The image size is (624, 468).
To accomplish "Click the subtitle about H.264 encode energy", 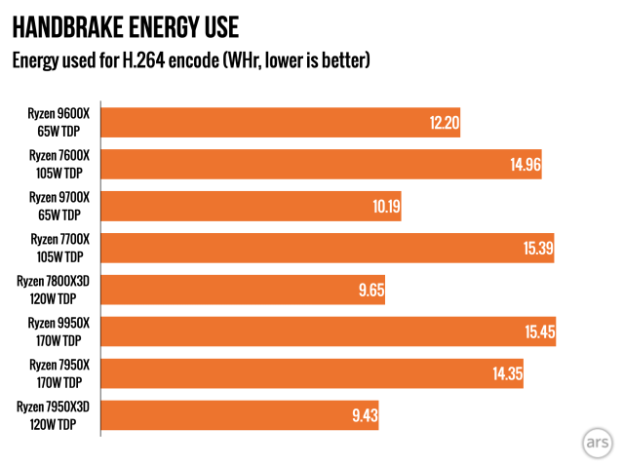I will (191, 61).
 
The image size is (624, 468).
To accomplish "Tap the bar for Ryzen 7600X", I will (322, 165).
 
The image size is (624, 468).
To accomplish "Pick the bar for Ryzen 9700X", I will (252, 207).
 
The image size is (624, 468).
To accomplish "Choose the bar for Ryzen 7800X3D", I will (244, 291).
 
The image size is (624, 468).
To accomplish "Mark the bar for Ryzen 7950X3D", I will (240, 416).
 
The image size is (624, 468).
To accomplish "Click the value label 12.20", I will (444, 124).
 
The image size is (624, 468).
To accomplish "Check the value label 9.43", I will (364, 417).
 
